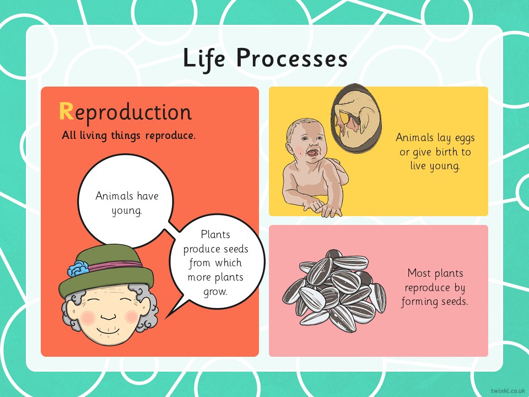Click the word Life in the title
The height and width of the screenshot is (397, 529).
pyautogui.click(x=204, y=59)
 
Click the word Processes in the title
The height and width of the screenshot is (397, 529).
pyautogui.click(x=292, y=58)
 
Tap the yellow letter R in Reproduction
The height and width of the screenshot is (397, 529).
pyautogui.click(x=66, y=111)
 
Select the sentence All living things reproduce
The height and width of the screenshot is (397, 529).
pyautogui.click(x=128, y=136)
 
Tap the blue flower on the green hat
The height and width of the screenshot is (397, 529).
pyautogui.click(x=78, y=269)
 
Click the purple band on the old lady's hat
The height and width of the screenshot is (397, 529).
pyautogui.click(x=115, y=265)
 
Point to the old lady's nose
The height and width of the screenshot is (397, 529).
pyautogui.click(x=109, y=316)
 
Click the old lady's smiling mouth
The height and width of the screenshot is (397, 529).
pyautogui.click(x=109, y=330)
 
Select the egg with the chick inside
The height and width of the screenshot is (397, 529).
pyautogui.click(x=356, y=118)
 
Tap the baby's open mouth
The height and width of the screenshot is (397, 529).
pyautogui.click(x=311, y=154)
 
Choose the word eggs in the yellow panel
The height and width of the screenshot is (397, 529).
pyautogui.click(x=465, y=138)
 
